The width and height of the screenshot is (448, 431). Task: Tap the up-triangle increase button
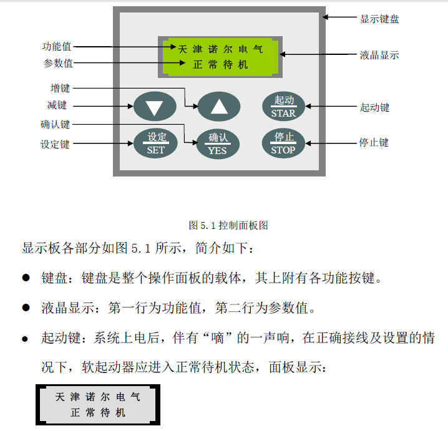pos(219,107)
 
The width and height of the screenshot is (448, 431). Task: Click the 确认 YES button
pos(218,143)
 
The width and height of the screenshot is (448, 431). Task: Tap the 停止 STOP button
pos(283,143)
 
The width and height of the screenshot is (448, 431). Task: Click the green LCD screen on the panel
pos(219,56)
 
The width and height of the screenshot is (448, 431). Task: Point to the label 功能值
pos(57,47)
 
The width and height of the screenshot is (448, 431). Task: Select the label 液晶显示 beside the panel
pos(379,55)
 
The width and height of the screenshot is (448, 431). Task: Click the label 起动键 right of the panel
pos(374,107)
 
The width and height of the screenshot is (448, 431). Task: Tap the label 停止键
pos(374,143)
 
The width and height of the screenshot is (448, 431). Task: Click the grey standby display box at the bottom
pos(98,404)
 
